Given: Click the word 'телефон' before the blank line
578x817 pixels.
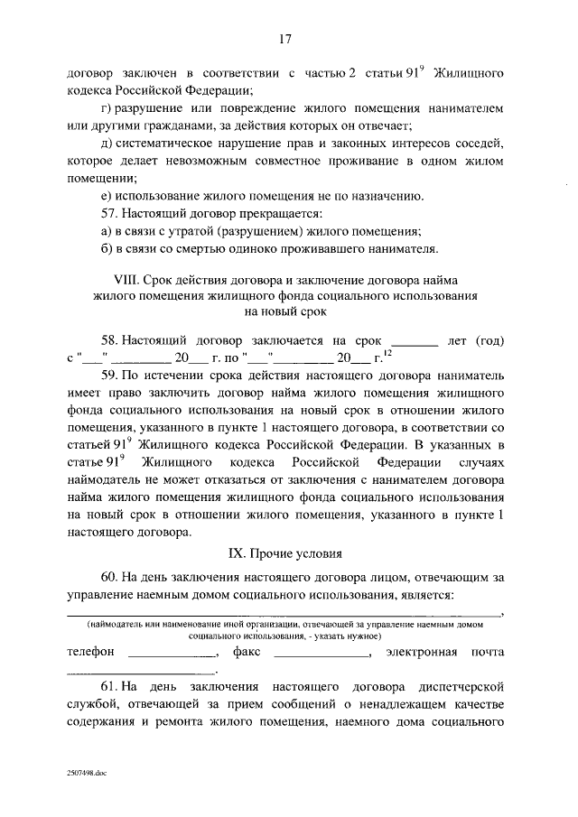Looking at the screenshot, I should point(91,651).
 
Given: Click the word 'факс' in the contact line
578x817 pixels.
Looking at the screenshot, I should point(247,651).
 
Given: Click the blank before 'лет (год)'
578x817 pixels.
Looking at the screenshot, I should point(417,345).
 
